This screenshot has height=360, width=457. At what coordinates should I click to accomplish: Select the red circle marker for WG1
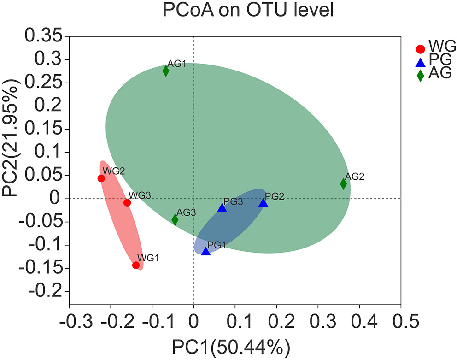[136, 265]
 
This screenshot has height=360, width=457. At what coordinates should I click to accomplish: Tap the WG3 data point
[127, 202]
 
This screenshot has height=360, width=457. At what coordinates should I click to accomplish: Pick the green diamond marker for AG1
[166, 71]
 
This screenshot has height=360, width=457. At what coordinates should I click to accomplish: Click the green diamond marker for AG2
[343, 183]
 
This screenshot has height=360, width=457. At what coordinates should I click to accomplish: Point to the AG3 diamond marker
[175, 219]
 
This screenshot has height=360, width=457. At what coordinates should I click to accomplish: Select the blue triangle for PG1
[205, 251]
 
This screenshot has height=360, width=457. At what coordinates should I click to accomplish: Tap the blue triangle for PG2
[263, 202]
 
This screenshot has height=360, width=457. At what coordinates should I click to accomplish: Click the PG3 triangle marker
[222, 208]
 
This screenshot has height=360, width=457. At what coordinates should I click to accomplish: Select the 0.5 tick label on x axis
[400, 320]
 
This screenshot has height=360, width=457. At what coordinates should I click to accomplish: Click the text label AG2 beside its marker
[355, 177]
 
